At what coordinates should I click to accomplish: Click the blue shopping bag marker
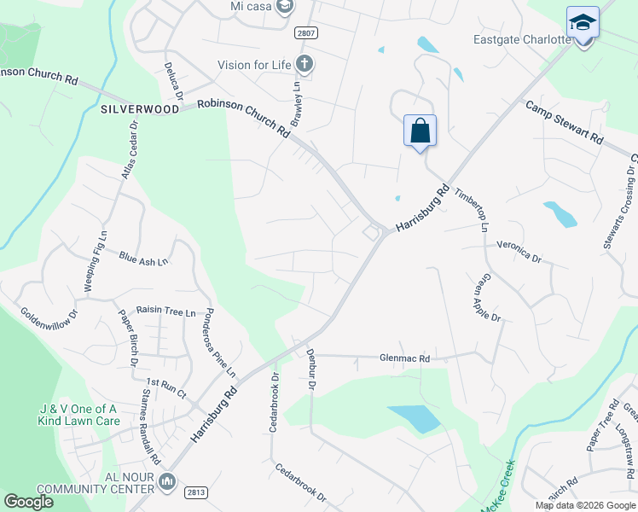[420, 131]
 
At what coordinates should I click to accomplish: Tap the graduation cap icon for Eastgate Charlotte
[583, 23]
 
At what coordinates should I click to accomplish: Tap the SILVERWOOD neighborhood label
[140, 109]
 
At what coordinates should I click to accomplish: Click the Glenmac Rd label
[404, 359]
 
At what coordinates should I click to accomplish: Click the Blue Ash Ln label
[143, 258]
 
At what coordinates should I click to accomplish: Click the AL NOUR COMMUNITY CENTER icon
[166, 483]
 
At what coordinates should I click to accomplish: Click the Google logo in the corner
[28, 502]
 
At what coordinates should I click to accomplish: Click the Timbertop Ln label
[471, 209]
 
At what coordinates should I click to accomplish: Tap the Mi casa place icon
[285, 7]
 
